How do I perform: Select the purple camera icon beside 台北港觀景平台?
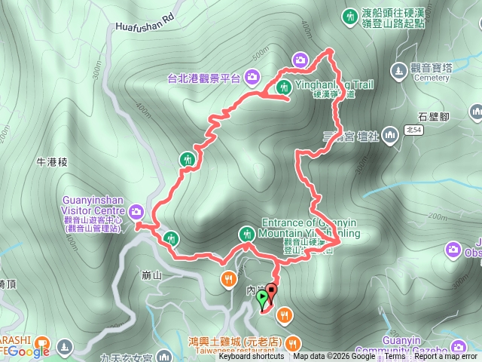pyautogui.click(x=252, y=76)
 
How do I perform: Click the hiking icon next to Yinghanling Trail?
pyautogui.click(x=285, y=86)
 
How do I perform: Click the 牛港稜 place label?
pyautogui.click(x=52, y=161)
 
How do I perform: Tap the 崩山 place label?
pyautogui.click(x=151, y=275)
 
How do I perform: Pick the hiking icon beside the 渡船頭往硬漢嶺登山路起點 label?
pyautogui.click(x=349, y=15)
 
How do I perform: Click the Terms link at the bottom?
pyautogui.click(x=395, y=357)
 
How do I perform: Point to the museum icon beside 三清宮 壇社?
pyautogui.click(x=389, y=137)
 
